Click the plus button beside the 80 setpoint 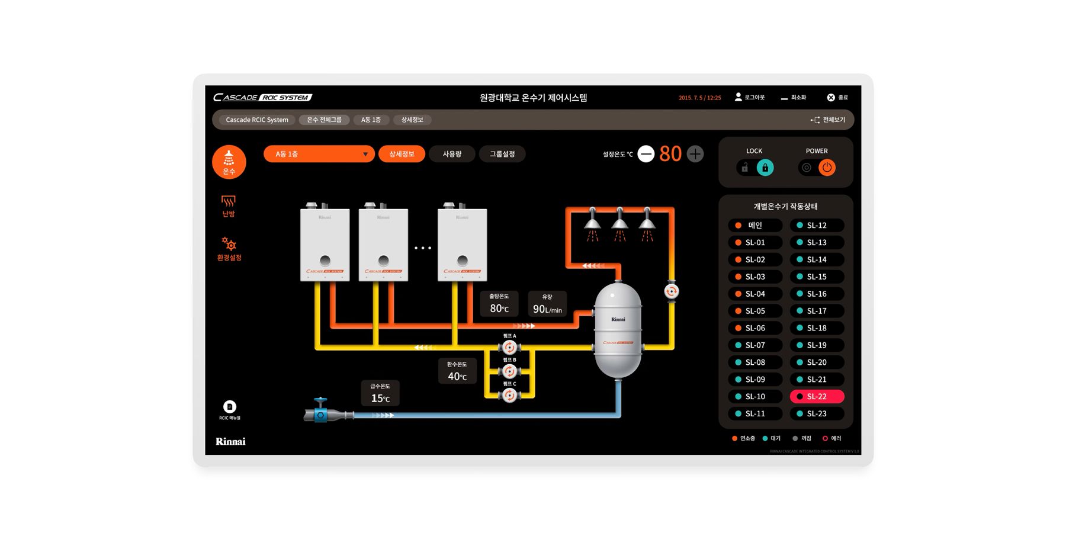[695, 154]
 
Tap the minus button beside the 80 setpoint [646, 154]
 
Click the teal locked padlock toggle [765, 168]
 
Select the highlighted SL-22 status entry [817, 396]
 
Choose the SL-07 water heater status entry [755, 345]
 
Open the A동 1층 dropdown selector [319, 154]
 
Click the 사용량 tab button [452, 154]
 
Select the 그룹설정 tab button [502, 154]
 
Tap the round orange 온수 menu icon [229, 162]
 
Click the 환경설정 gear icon [229, 245]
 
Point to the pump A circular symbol [509, 348]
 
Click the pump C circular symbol [509, 395]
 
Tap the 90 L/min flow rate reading [547, 309]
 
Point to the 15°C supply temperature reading [380, 398]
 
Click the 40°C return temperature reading [457, 376]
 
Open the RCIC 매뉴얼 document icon [230, 407]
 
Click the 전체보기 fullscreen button [828, 120]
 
